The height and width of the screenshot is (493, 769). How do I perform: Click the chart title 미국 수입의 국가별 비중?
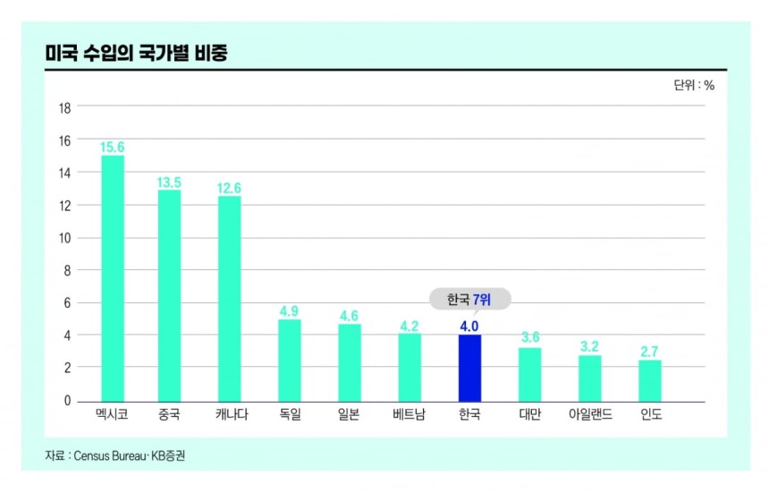136,54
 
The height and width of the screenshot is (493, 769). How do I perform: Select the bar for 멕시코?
113,278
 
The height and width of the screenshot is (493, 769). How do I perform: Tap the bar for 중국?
170,295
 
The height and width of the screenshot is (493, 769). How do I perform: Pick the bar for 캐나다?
230,299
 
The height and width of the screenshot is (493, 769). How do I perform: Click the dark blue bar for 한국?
469,368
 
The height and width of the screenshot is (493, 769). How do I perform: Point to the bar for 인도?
650,380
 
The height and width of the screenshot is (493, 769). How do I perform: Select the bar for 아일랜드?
590,378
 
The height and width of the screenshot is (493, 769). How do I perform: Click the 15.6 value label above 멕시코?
113,146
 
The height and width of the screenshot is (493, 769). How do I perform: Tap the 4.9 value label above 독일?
289,310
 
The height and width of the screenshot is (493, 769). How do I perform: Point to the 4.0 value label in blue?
469,327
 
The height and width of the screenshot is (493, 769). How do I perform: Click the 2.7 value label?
650,351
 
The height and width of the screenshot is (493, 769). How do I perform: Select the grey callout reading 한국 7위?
469,300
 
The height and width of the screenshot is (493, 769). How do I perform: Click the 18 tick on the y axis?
64,107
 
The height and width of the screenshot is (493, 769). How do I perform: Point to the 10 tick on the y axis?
64,238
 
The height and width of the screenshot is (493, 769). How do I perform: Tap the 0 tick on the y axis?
67,401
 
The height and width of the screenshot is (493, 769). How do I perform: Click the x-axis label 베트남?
410,415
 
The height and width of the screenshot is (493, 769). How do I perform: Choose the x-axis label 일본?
349,415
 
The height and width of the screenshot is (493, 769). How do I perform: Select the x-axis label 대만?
530,415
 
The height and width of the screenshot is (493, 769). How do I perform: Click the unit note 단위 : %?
694,86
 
